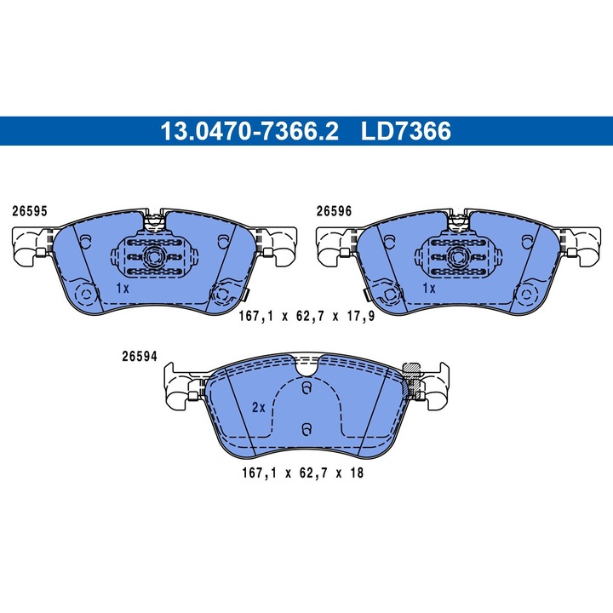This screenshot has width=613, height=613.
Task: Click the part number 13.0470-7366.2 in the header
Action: point(249,131)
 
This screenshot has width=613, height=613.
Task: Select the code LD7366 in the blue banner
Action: point(405,131)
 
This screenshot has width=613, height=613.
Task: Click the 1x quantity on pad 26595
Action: point(121,289)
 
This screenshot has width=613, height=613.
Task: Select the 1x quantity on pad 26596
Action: point(429,289)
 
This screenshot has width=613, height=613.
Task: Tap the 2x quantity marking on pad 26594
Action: point(259,407)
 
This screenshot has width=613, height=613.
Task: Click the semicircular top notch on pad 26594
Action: point(306,367)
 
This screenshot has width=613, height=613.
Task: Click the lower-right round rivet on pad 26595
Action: point(224,295)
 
